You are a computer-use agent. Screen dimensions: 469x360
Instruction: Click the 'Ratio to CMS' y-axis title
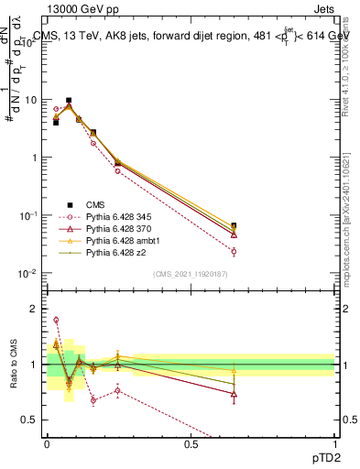tap(15, 365)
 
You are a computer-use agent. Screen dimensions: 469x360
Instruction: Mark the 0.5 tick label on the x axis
tap(191, 443)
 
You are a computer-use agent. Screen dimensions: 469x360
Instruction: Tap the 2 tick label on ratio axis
tap(37, 309)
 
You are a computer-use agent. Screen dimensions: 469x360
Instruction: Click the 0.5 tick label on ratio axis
tap(33, 420)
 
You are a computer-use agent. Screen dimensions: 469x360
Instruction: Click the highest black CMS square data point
tap(69, 100)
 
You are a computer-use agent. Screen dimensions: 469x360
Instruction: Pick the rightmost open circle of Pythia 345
tap(234, 251)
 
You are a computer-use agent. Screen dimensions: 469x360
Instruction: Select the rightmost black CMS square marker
tap(234, 225)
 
